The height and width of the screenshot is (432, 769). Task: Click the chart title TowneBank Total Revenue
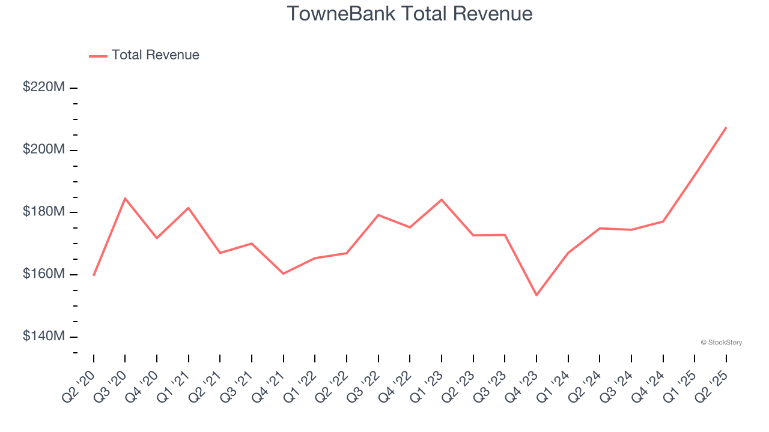click(409, 14)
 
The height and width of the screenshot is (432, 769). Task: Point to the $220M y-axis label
click(44, 87)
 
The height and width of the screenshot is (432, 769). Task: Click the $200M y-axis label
click(44, 149)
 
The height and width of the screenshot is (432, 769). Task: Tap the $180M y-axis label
click(44, 212)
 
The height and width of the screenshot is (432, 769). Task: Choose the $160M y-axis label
click(44, 274)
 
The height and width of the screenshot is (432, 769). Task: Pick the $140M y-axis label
click(44, 337)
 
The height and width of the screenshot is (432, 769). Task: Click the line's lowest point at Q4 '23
click(536, 295)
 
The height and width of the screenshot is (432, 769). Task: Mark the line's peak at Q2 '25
click(726, 127)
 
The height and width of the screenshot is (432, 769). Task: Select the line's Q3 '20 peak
click(125, 198)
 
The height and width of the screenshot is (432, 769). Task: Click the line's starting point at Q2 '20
click(94, 275)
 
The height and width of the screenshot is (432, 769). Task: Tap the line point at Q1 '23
click(442, 199)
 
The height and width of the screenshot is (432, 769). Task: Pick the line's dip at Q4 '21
click(283, 274)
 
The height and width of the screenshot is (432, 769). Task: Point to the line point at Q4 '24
click(663, 221)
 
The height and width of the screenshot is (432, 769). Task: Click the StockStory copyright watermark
click(721, 343)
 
